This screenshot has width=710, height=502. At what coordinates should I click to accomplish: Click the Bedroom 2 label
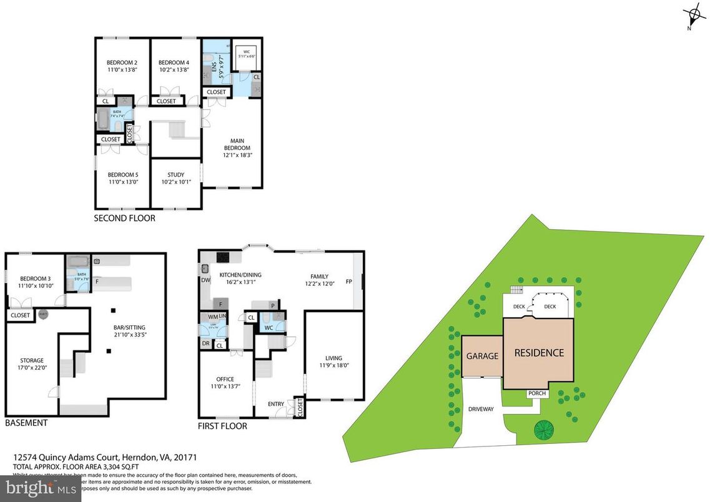pyautogui.click(x=122, y=63)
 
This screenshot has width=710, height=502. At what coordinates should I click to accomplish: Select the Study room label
pyautogui.click(x=175, y=175)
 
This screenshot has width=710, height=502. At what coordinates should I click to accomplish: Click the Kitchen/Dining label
pyautogui.click(x=240, y=275)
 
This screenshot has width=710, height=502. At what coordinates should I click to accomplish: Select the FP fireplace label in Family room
pyautogui.click(x=349, y=282)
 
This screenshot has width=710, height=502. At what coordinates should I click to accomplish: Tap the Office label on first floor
pyautogui.click(x=225, y=379)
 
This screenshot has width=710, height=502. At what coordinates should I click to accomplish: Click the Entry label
pyautogui.click(x=275, y=404)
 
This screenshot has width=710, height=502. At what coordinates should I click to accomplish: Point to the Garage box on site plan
pyautogui.click(x=482, y=356)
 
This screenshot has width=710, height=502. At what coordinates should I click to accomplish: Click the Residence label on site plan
pyautogui.click(x=538, y=353)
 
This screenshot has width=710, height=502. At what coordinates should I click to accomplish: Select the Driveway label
pyautogui.click(x=481, y=410)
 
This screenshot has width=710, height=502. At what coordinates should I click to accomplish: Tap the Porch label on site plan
pyautogui.click(x=536, y=393)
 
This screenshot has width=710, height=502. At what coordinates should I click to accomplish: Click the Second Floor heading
pyautogui.click(x=124, y=219)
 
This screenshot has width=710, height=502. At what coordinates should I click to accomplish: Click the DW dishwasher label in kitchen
pyautogui.click(x=205, y=280)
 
